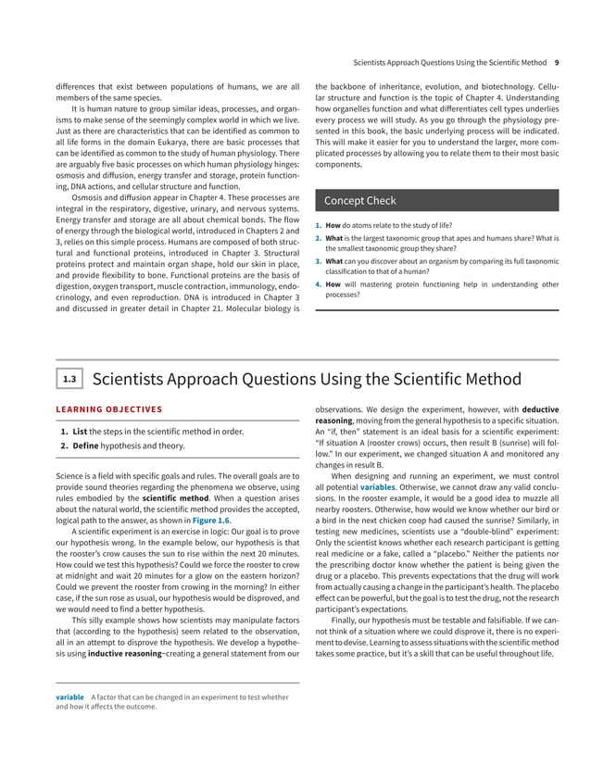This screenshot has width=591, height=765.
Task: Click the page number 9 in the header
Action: coord(556,63)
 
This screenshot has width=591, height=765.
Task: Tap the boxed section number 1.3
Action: coord(69,379)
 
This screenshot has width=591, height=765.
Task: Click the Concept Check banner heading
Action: coord(359,201)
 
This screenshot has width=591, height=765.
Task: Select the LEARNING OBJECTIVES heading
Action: coord(110,408)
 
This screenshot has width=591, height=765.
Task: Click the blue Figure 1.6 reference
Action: coord(212,520)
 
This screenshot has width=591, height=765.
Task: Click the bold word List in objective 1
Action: coord(81,431)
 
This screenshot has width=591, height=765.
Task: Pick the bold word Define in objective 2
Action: coord(86,446)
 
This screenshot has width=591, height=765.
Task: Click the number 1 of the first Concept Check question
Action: coord(318,225)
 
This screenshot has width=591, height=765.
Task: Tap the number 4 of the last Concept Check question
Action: coord(318,284)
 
